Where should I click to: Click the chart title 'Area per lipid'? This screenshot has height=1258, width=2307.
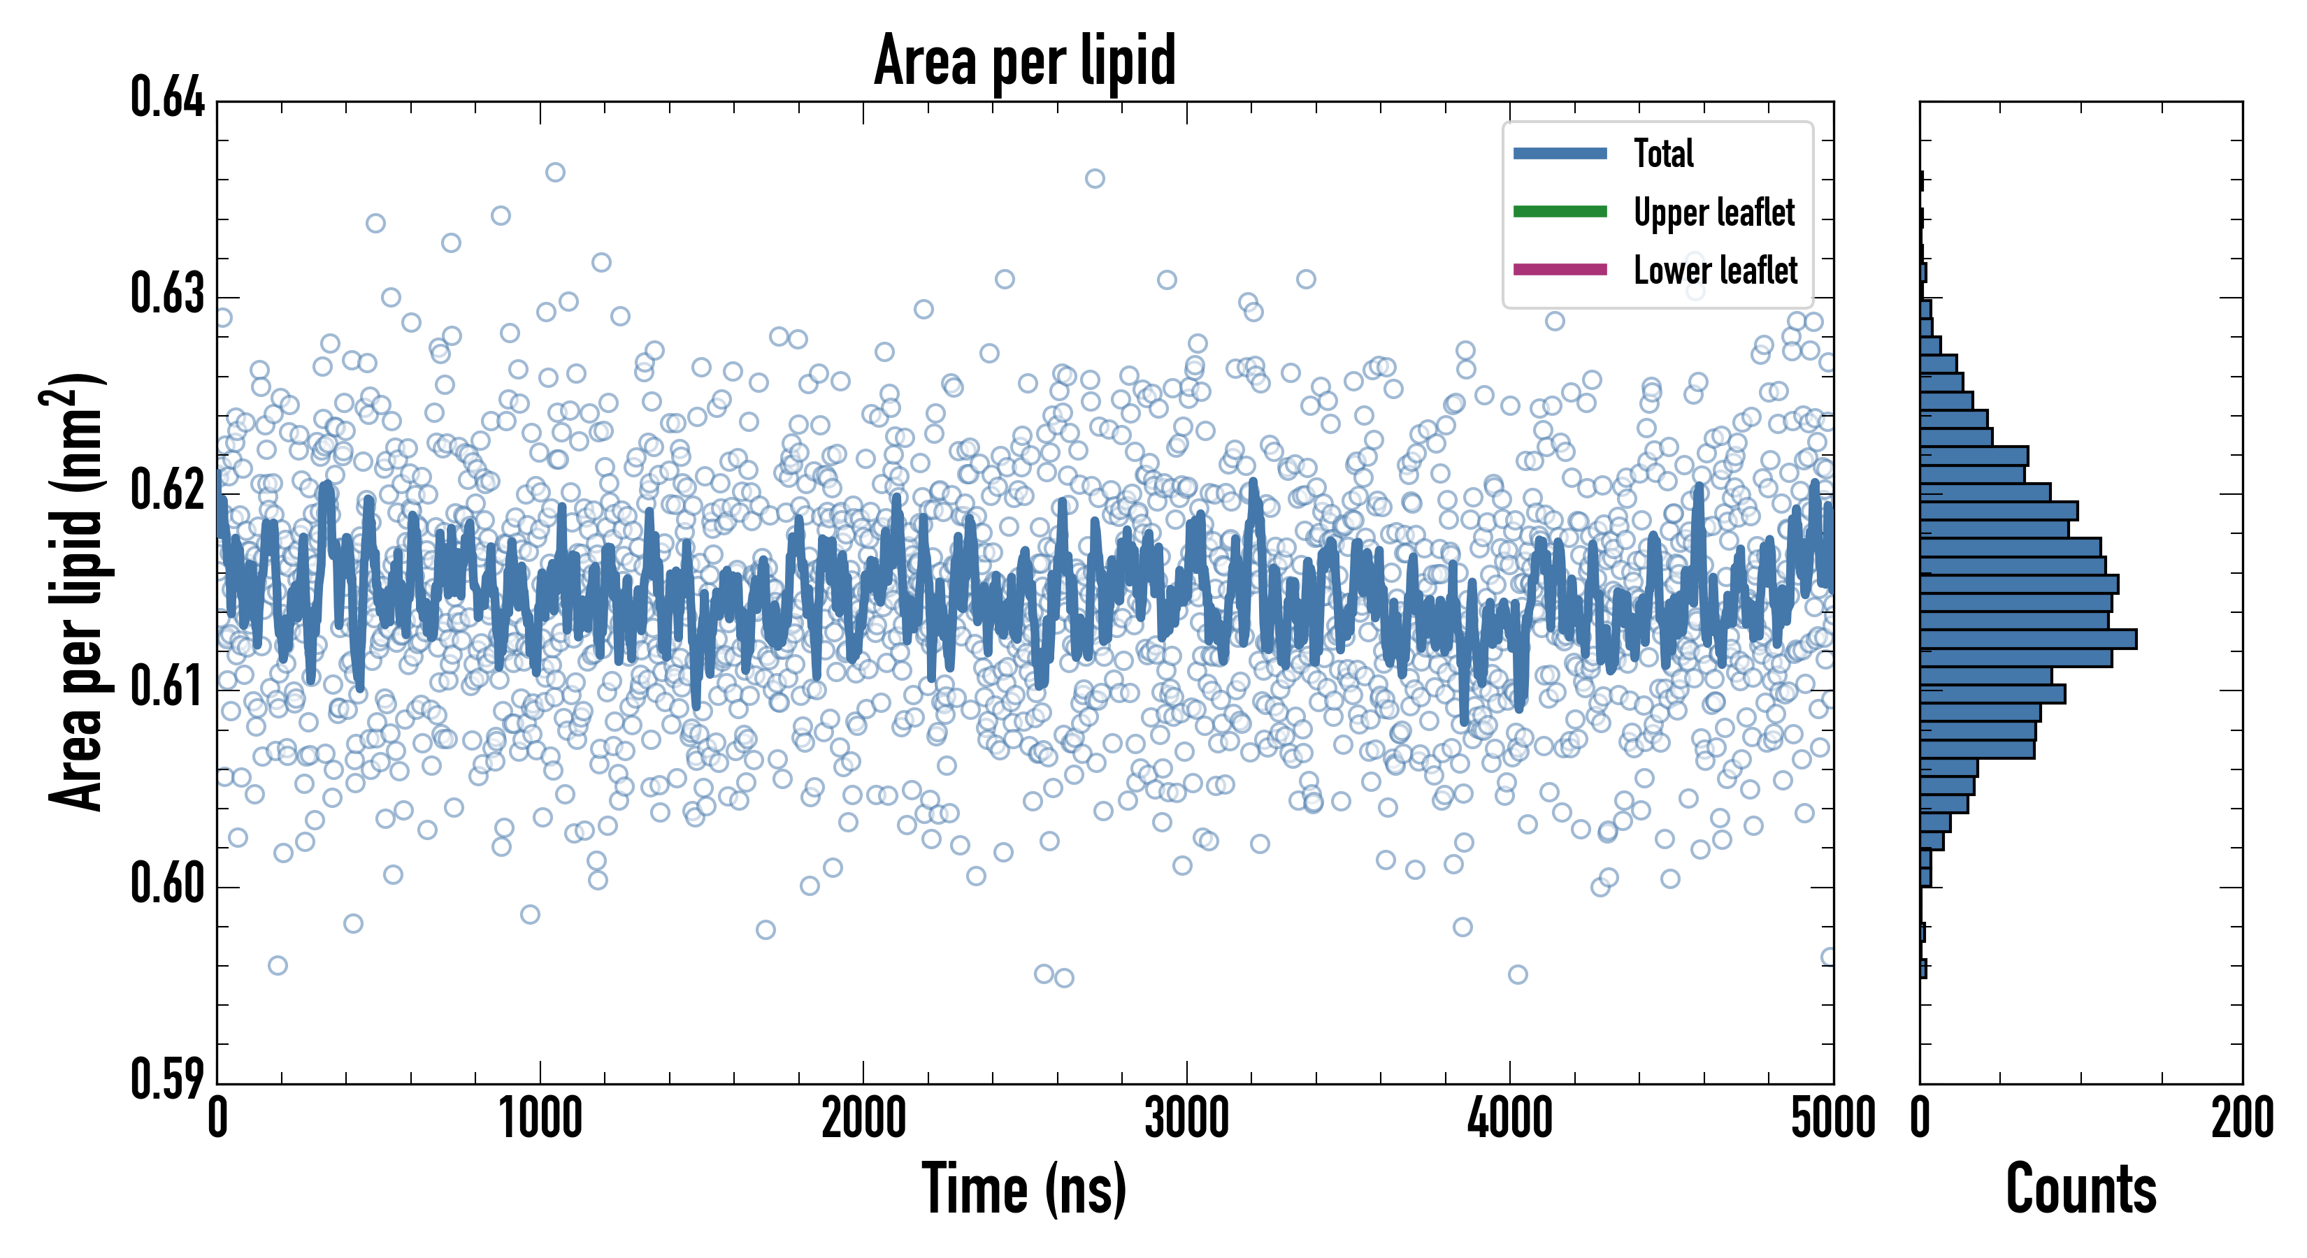click(x=1025, y=60)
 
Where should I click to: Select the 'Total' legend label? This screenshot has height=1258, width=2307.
click(x=1663, y=153)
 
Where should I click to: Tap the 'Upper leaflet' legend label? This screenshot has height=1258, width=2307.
click(x=1713, y=212)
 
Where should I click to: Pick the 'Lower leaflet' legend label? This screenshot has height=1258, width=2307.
click(x=1715, y=270)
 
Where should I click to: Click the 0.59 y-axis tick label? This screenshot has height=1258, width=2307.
click(x=168, y=1079)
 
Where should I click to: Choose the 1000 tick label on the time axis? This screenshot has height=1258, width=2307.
click(x=540, y=1119)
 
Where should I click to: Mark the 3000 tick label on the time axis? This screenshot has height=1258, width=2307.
click(x=1186, y=1119)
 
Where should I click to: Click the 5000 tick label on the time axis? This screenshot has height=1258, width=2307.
click(x=1832, y=1119)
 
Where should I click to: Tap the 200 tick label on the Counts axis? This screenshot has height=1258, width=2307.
click(x=2241, y=1119)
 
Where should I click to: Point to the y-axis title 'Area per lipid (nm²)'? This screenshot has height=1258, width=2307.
click(x=76, y=591)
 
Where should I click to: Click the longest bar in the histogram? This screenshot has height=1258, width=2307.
click(x=2027, y=638)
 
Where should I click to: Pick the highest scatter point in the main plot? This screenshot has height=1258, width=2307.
click(x=555, y=172)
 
